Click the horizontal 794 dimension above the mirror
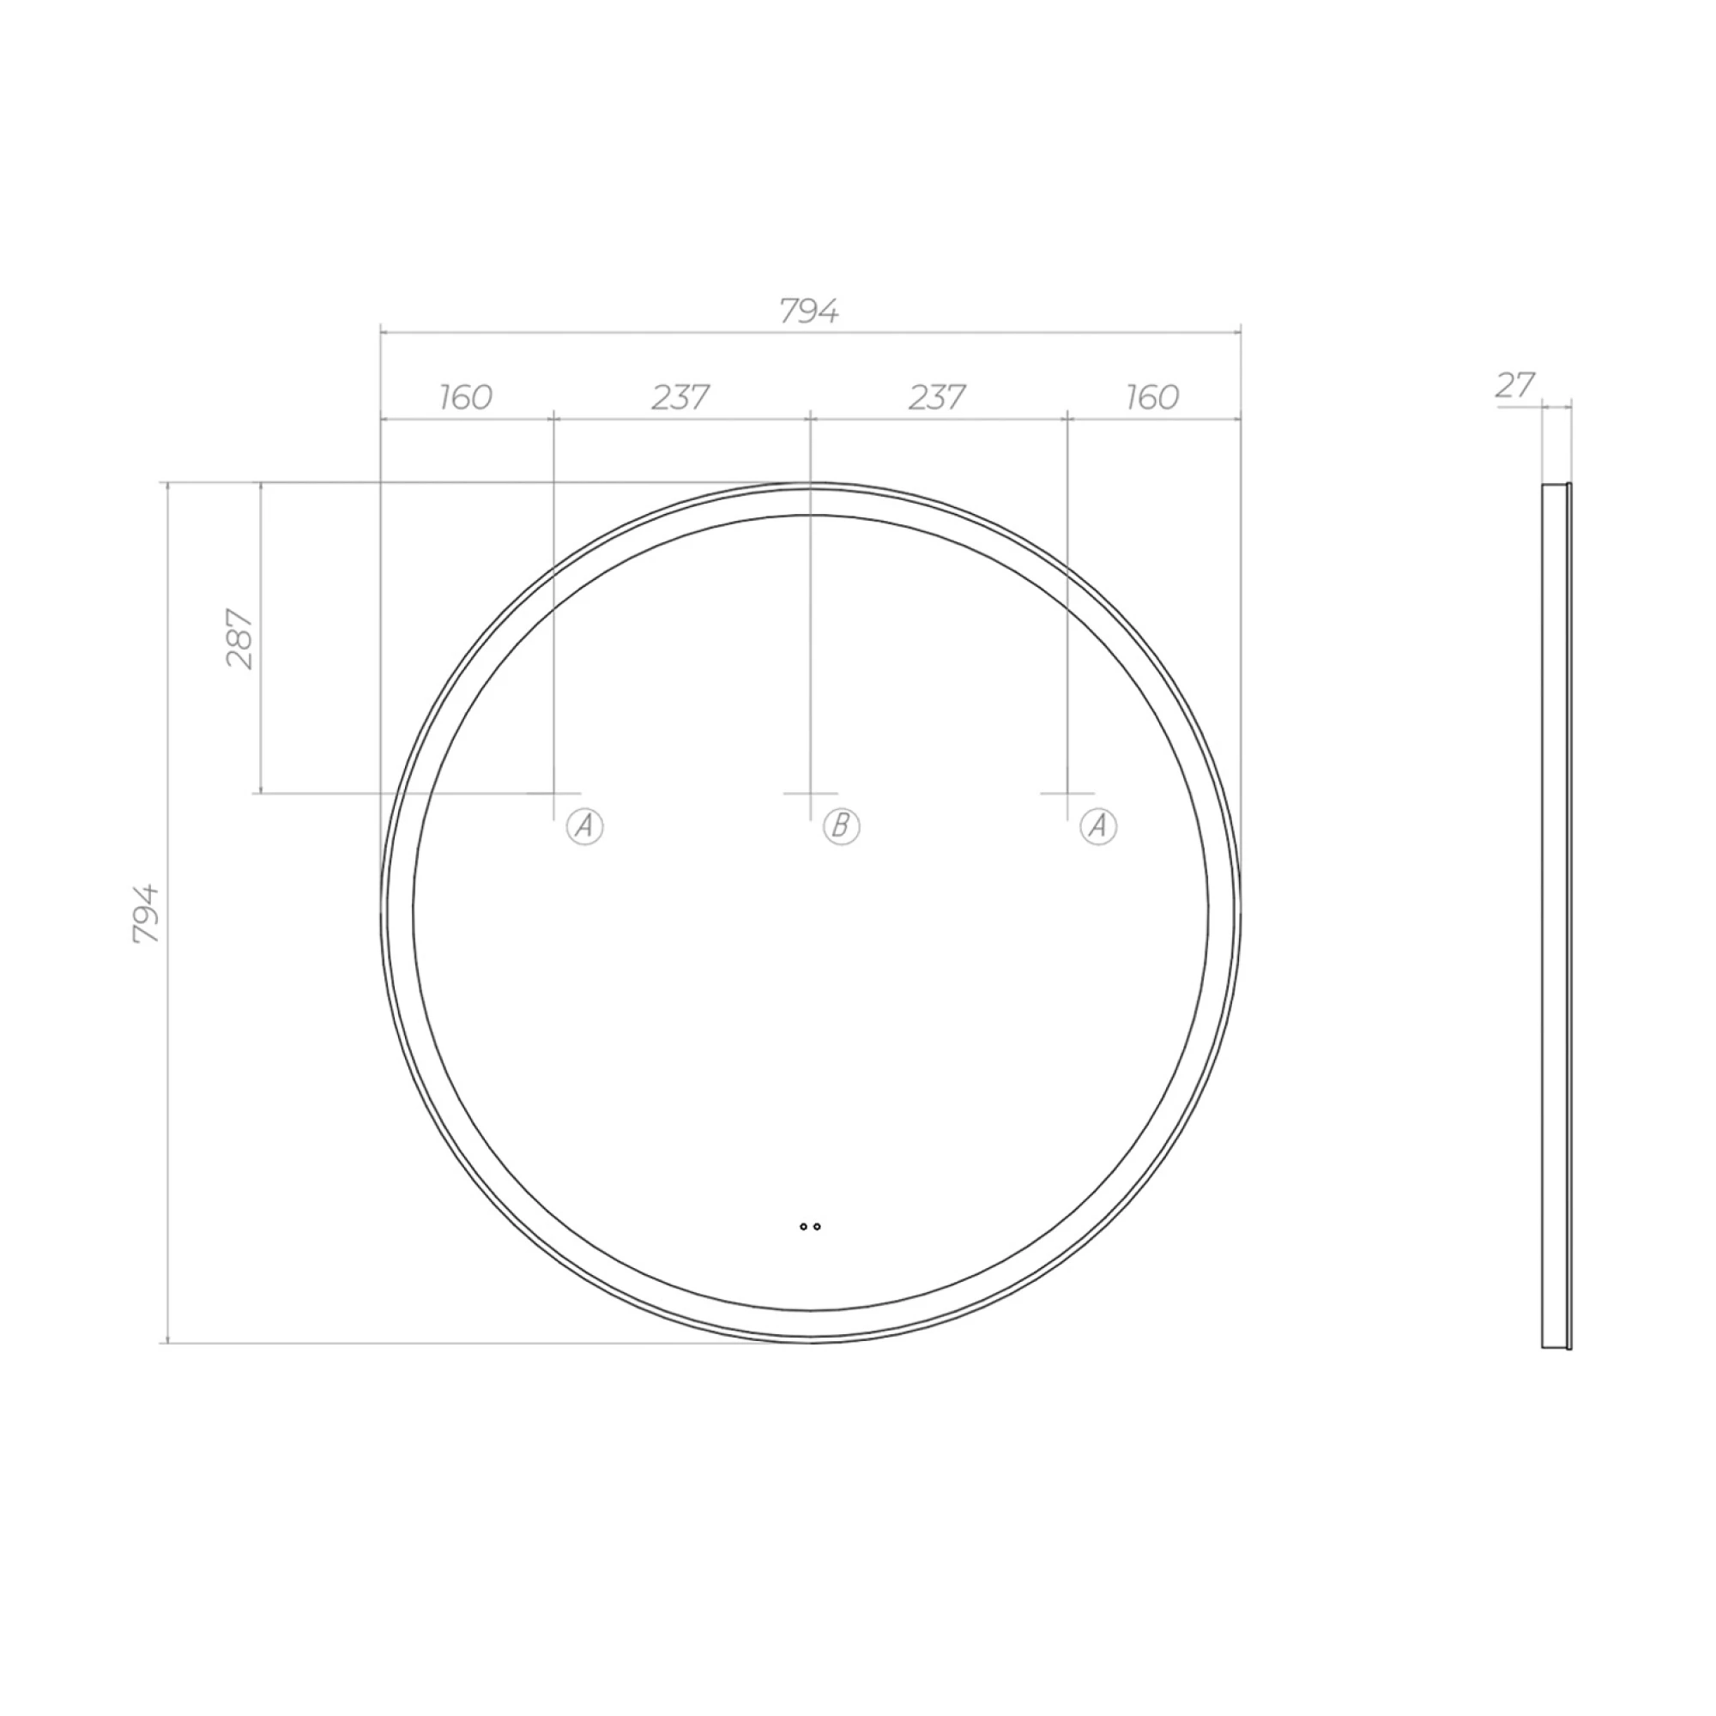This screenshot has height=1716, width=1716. [x=809, y=311]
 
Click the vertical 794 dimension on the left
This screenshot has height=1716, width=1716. [x=146, y=913]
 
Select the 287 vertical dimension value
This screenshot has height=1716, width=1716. [x=240, y=638]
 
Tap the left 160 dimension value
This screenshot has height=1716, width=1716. [x=465, y=397]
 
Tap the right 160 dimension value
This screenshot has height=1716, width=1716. [x=1152, y=397]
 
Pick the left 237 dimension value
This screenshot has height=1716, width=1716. [x=680, y=397]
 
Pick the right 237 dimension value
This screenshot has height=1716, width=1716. [x=937, y=397]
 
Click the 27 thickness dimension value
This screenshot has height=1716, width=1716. [x=1515, y=385]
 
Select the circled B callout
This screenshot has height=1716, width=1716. [x=841, y=827]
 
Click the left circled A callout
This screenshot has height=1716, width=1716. [x=584, y=827]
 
